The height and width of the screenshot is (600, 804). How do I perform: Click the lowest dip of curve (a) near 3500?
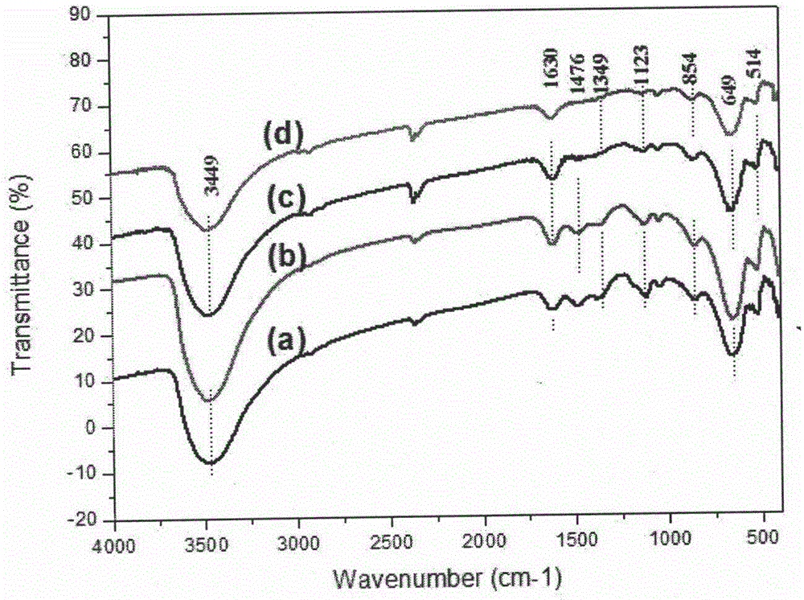[x=211, y=463]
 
